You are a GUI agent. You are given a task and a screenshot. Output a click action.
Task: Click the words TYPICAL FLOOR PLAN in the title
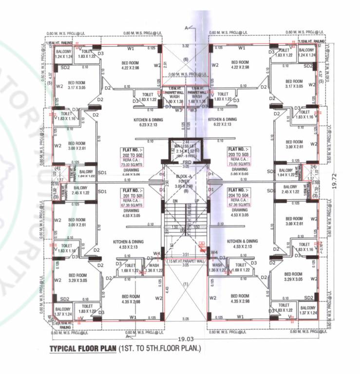click(x=83, y=349)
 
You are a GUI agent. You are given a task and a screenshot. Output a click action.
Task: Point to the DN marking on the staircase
click(x=175, y=200)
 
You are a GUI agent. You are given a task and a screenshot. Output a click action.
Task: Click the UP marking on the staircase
click(x=196, y=200)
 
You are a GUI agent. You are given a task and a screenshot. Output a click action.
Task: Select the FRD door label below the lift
click(x=185, y=162)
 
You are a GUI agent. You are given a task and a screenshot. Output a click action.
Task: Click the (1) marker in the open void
click(x=185, y=283)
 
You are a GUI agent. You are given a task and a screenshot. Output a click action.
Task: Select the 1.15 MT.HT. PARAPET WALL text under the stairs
click(x=185, y=262)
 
